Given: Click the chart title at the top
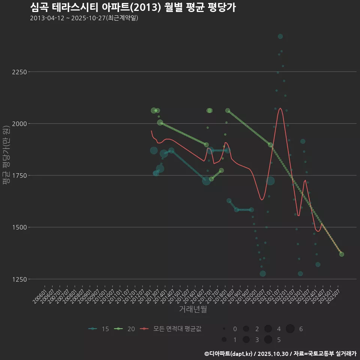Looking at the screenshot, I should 133,7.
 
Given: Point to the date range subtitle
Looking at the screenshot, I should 84,18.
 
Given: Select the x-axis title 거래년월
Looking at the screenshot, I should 193,309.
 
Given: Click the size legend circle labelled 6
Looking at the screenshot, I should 290,329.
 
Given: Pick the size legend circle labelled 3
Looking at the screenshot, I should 246,340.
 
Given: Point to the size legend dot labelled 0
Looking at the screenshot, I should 224,329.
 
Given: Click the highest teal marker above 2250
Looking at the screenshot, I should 280,36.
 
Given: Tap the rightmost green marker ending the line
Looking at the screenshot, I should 342,254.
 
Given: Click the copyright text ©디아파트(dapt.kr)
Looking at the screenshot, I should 229,354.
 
